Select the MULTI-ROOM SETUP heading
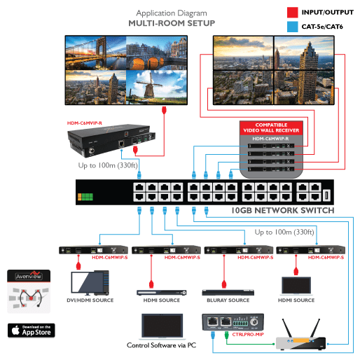[x=172, y=23]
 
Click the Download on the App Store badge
[x=32, y=330]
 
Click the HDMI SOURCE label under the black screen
[x=296, y=300]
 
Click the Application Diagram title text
[x=172, y=13]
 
